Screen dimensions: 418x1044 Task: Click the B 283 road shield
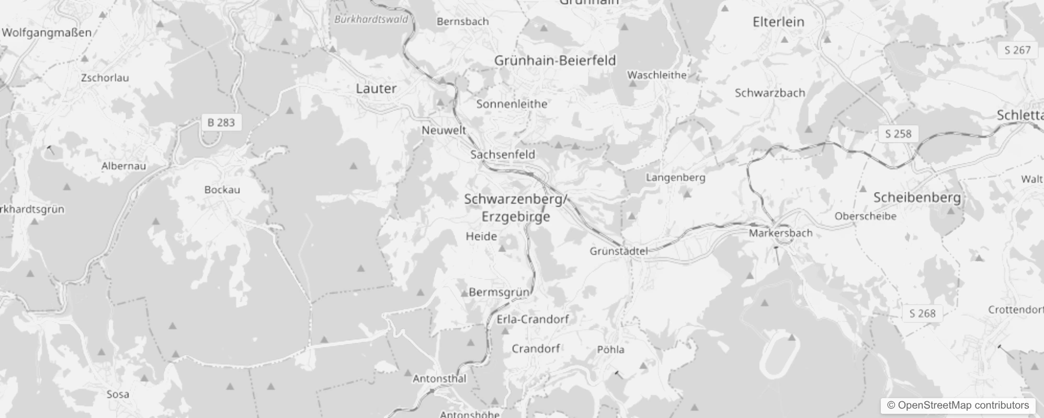(221, 123)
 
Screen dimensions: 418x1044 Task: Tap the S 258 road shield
(898, 134)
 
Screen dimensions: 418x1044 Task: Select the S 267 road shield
(1017, 50)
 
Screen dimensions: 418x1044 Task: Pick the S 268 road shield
(922, 313)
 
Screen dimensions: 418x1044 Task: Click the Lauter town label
(376, 88)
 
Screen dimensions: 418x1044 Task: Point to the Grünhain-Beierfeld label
(555, 61)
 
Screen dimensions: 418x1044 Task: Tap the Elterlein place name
(778, 22)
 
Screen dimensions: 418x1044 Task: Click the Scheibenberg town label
(917, 198)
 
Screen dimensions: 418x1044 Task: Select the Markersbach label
(780, 233)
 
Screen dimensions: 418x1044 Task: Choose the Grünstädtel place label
(619, 251)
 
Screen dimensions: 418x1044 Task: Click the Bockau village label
(222, 190)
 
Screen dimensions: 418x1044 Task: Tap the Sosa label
(118, 394)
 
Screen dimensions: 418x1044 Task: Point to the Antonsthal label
(439, 379)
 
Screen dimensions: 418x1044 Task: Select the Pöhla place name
(611, 350)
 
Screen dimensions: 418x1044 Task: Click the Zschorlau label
(105, 78)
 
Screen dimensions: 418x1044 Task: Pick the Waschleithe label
(657, 75)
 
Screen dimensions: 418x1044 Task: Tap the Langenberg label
(676, 178)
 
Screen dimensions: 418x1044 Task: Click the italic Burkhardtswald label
(371, 19)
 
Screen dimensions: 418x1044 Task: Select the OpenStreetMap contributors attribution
(958, 405)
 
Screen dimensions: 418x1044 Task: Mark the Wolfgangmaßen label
(46, 32)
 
